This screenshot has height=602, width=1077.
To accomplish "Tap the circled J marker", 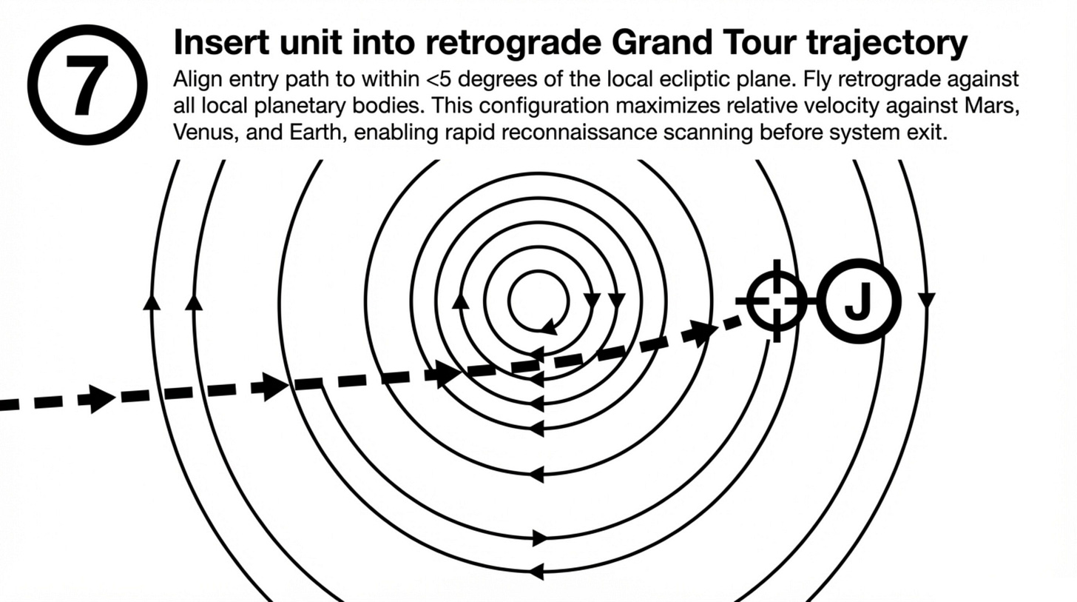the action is click(858, 301).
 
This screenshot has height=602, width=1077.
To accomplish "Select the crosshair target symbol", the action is click(776, 301).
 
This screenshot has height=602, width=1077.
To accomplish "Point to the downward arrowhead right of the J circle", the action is click(926, 300).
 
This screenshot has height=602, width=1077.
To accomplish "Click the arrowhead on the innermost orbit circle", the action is click(549, 325).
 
